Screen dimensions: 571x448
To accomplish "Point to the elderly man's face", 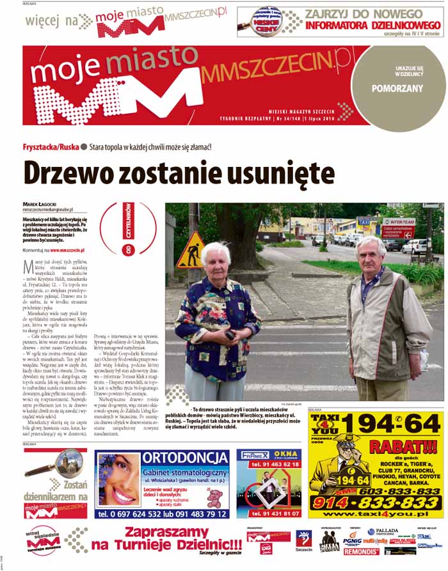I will pyautogui.click(x=372, y=254).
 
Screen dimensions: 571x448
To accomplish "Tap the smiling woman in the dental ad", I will pyautogui.click(x=116, y=486).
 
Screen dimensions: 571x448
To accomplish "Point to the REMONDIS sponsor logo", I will pyautogui.click(x=361, y=551).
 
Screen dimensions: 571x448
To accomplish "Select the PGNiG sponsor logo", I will pyautogui.click(x=352, y=542).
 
